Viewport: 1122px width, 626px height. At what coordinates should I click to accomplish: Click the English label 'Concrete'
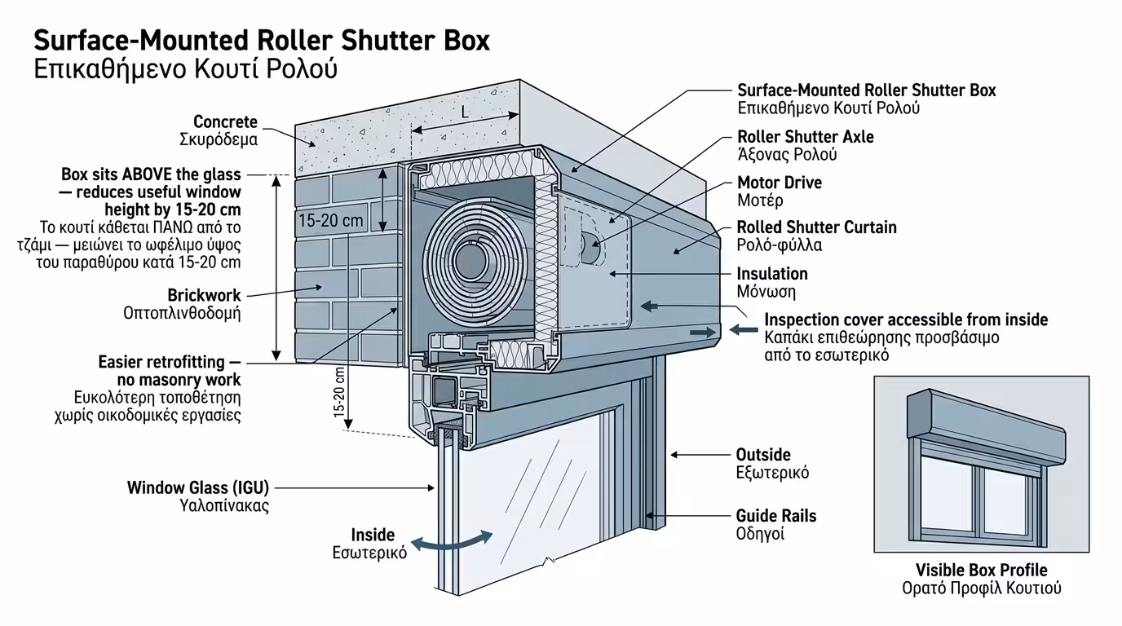click(225, 122)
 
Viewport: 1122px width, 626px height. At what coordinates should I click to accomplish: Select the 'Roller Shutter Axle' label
click(805, 137)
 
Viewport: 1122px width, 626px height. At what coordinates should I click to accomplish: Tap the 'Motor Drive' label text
click(779, 183)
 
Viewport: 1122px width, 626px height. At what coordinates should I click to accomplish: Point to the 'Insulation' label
click(771, 274)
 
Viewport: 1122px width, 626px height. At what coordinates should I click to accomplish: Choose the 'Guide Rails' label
click(775, 516)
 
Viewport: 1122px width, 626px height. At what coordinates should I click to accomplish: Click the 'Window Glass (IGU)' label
click(197, 488)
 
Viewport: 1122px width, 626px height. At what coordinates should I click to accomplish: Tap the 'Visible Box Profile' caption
click(981, 571)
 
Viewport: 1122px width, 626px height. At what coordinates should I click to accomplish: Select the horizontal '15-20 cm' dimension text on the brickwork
click(331, 221)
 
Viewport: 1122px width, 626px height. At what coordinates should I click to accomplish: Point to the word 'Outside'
click(763, 455)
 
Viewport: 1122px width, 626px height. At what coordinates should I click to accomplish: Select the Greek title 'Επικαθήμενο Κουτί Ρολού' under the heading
click(185, 68)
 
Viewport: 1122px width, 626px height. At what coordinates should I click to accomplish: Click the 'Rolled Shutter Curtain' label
click(816, 227)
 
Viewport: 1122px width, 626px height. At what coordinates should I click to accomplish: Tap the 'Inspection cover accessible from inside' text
click(906, 320)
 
